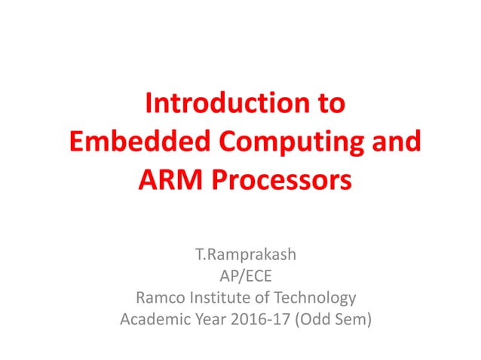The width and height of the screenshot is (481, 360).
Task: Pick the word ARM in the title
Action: click(164, 182)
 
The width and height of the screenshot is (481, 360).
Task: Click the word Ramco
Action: click(157, 297)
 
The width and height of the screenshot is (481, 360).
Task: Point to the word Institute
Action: click(221, 297)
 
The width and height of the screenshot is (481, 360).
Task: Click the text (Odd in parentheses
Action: click(311, 319)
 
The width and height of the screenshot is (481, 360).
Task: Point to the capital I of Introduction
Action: click(149, 103)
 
